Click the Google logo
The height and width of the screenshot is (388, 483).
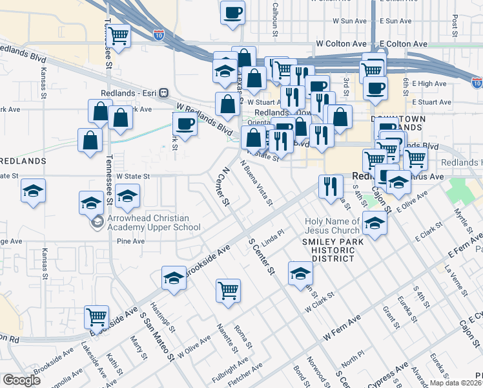(21, 380)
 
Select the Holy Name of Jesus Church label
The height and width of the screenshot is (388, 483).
(332, 226)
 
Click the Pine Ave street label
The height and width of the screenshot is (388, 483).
(131, 241)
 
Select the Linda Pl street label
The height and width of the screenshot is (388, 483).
(272, 233)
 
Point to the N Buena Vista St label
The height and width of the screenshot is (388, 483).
(256, 184)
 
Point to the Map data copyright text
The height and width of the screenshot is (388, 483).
(455, 383)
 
